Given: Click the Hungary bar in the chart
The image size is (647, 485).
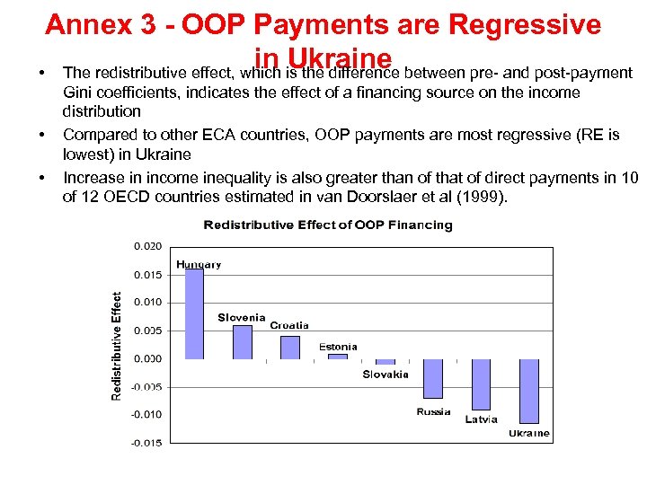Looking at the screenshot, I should [193, 314].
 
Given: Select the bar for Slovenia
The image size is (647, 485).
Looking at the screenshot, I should [242, 342].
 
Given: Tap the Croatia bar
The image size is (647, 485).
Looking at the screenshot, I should [289, 348].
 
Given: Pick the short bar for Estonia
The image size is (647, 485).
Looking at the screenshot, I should [337, 357].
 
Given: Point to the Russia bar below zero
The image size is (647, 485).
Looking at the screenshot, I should [433, 378].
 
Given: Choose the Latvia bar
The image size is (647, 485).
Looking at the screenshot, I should [481, 384].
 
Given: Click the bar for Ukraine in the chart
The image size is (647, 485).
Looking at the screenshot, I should [529, 391].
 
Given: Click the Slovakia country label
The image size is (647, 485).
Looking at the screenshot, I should [386, 375].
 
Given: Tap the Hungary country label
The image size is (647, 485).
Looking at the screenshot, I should [199, 264].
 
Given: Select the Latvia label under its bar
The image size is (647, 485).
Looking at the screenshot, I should [481, 419].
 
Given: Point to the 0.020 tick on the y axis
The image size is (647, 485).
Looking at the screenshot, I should [147, 245].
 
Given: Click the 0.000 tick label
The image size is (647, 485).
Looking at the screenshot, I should [147, 358].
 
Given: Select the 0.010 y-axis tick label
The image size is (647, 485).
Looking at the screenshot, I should [147, 302].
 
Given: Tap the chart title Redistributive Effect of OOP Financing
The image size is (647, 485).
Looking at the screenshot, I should [327, 225].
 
